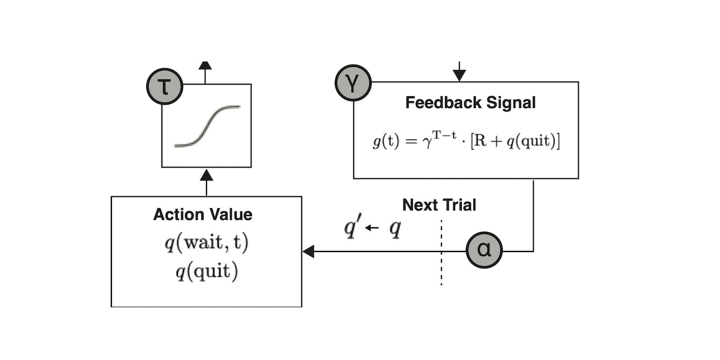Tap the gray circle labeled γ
(x=353, y=84)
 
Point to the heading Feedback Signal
(x=470, y=103)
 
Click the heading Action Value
(x=202, y=214)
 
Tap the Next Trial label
(x=439, y=205)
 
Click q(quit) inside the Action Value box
(x=206, y=272)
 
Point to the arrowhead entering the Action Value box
(x=308, y=251)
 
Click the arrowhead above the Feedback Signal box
(x=460, y=73)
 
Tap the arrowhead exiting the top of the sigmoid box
(x=205, y=66)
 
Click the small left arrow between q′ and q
(x=371, y=228)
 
